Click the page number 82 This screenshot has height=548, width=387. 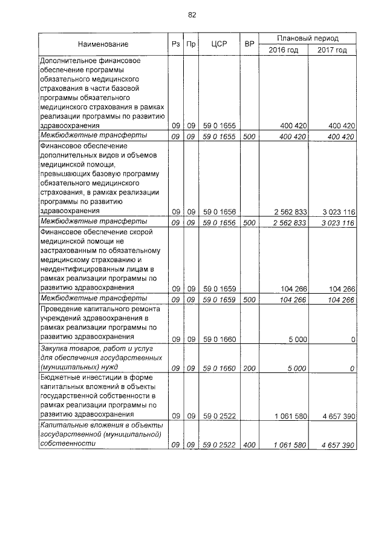(192, 15)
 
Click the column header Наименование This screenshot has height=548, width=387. (103, 44)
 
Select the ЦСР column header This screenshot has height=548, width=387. (219, 44)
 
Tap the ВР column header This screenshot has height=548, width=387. (249, 44)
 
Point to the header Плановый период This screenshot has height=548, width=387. (308, 38)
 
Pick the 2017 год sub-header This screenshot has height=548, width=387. (332, 50)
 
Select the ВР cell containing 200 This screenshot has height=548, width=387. (249, 368)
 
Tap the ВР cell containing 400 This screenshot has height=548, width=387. (249, 445)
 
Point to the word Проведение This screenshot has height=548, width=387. (60, 309)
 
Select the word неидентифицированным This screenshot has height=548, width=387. (80, 268)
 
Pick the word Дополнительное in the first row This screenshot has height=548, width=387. (68, 61)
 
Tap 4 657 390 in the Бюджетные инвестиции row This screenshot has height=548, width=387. (334, 417)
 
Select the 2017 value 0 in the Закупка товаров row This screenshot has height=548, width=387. (352, 368)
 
